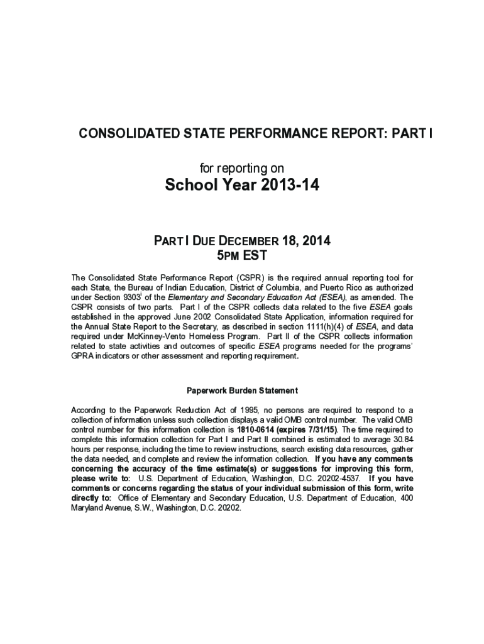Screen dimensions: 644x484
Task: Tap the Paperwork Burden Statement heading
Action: pos(242,390)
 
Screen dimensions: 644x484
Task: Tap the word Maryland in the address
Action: pos(89,508)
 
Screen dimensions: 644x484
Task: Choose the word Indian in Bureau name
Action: pos(164,287)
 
